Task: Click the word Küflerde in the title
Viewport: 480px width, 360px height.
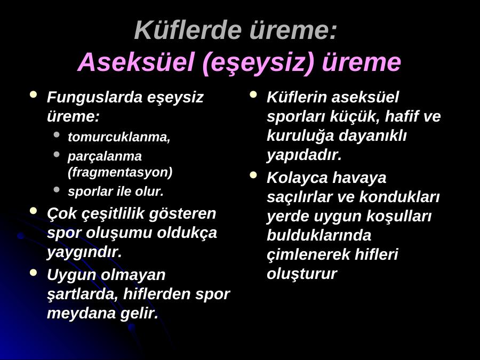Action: pos(188,30)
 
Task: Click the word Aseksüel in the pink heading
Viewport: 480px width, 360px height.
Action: pos(137,62)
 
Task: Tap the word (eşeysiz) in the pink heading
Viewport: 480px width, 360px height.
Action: pos(258,63)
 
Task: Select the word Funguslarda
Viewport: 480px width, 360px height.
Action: pos(94,98)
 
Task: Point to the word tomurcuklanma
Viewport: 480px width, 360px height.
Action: pos(119,137)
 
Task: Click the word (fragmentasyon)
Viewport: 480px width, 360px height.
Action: pos(120,172)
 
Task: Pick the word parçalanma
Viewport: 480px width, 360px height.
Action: pos(105,157)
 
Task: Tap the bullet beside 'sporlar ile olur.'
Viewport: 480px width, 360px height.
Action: pos(57,189)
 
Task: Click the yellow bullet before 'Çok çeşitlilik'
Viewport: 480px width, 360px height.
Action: pos(34,211)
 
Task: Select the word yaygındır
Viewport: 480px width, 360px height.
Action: pos(84,252)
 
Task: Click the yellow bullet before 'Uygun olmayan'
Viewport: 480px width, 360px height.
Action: pos(34,272)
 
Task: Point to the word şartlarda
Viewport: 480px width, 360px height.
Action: pos(83,294)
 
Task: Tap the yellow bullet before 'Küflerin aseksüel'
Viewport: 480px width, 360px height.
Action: pos(253,94)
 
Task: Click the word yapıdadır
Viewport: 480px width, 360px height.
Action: pos(304,155)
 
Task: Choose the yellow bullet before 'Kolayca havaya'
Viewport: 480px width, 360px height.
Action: pos(253,175)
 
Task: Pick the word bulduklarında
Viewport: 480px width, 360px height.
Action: pos(319,235)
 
